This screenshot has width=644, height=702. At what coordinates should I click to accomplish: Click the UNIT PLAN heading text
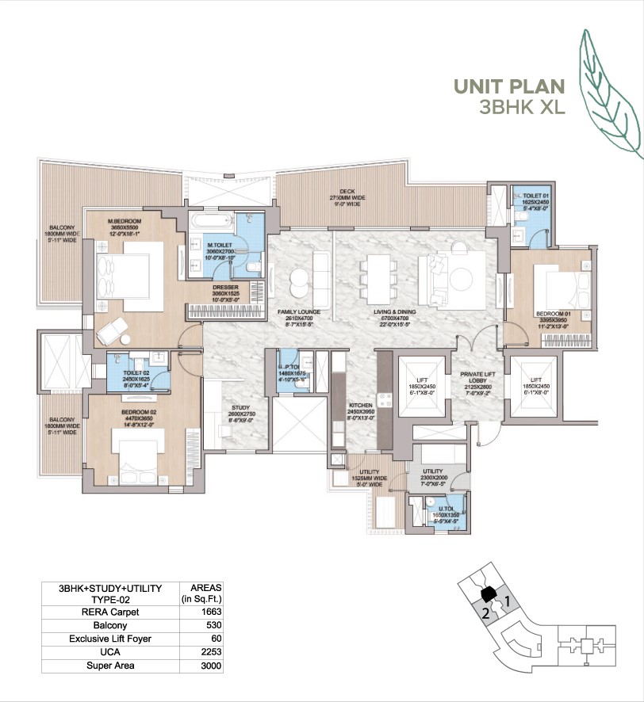(508, 86)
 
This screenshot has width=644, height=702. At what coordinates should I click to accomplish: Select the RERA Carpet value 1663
(210, 612)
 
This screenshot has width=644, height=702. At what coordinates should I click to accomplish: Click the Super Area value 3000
(210, 666)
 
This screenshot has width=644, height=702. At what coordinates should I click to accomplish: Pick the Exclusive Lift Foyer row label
(110, 639)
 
